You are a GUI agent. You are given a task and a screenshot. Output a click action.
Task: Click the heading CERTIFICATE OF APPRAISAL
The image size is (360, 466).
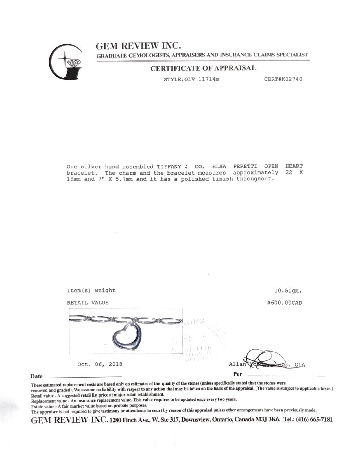[x=203, y=68]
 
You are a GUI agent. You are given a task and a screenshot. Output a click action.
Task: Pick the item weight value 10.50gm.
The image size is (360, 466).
[x=288, y=290]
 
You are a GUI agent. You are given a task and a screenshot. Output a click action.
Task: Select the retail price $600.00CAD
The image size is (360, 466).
[x=284, y=303]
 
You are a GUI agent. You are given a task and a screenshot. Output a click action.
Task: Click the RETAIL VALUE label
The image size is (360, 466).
[x=88, y=303]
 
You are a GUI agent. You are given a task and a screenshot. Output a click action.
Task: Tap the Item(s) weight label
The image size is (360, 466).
[x=91, y=290]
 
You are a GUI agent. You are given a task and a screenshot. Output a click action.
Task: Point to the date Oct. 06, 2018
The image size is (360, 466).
[x=100, y=364]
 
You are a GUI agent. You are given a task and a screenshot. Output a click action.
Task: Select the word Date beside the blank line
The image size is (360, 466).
[x=36, y=376]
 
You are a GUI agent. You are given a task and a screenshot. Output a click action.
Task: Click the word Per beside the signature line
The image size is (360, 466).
[x=238, y=374]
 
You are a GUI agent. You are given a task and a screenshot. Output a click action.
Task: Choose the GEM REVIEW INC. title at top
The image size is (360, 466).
[x=138, y=46]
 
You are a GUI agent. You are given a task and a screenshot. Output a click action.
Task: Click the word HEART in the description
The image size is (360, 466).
[x=294, y=166]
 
